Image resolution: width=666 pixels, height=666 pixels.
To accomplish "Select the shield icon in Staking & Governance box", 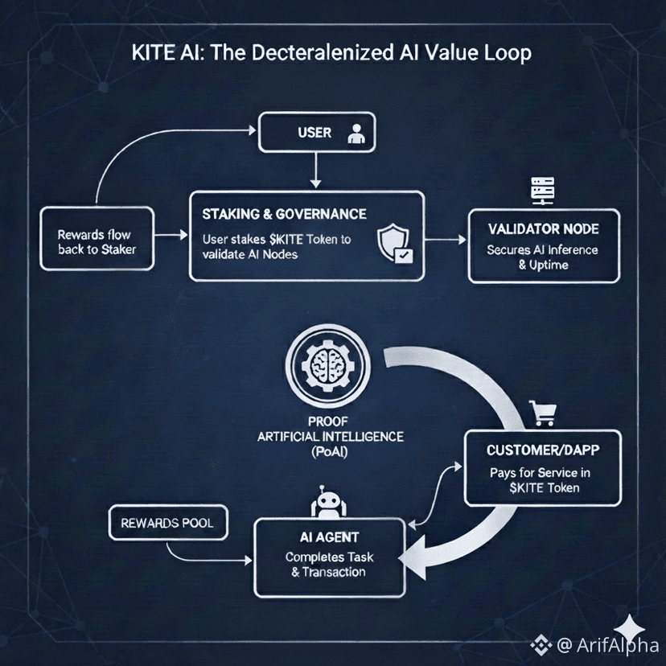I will coord(394,245).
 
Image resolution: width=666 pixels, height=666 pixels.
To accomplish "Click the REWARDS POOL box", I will coord(167,523).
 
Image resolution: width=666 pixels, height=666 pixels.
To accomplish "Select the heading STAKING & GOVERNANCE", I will coord(284,215).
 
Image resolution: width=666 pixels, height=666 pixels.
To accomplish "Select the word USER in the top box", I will coord(314,132).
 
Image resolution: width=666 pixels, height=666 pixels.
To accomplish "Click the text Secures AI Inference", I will coord(543,250).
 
